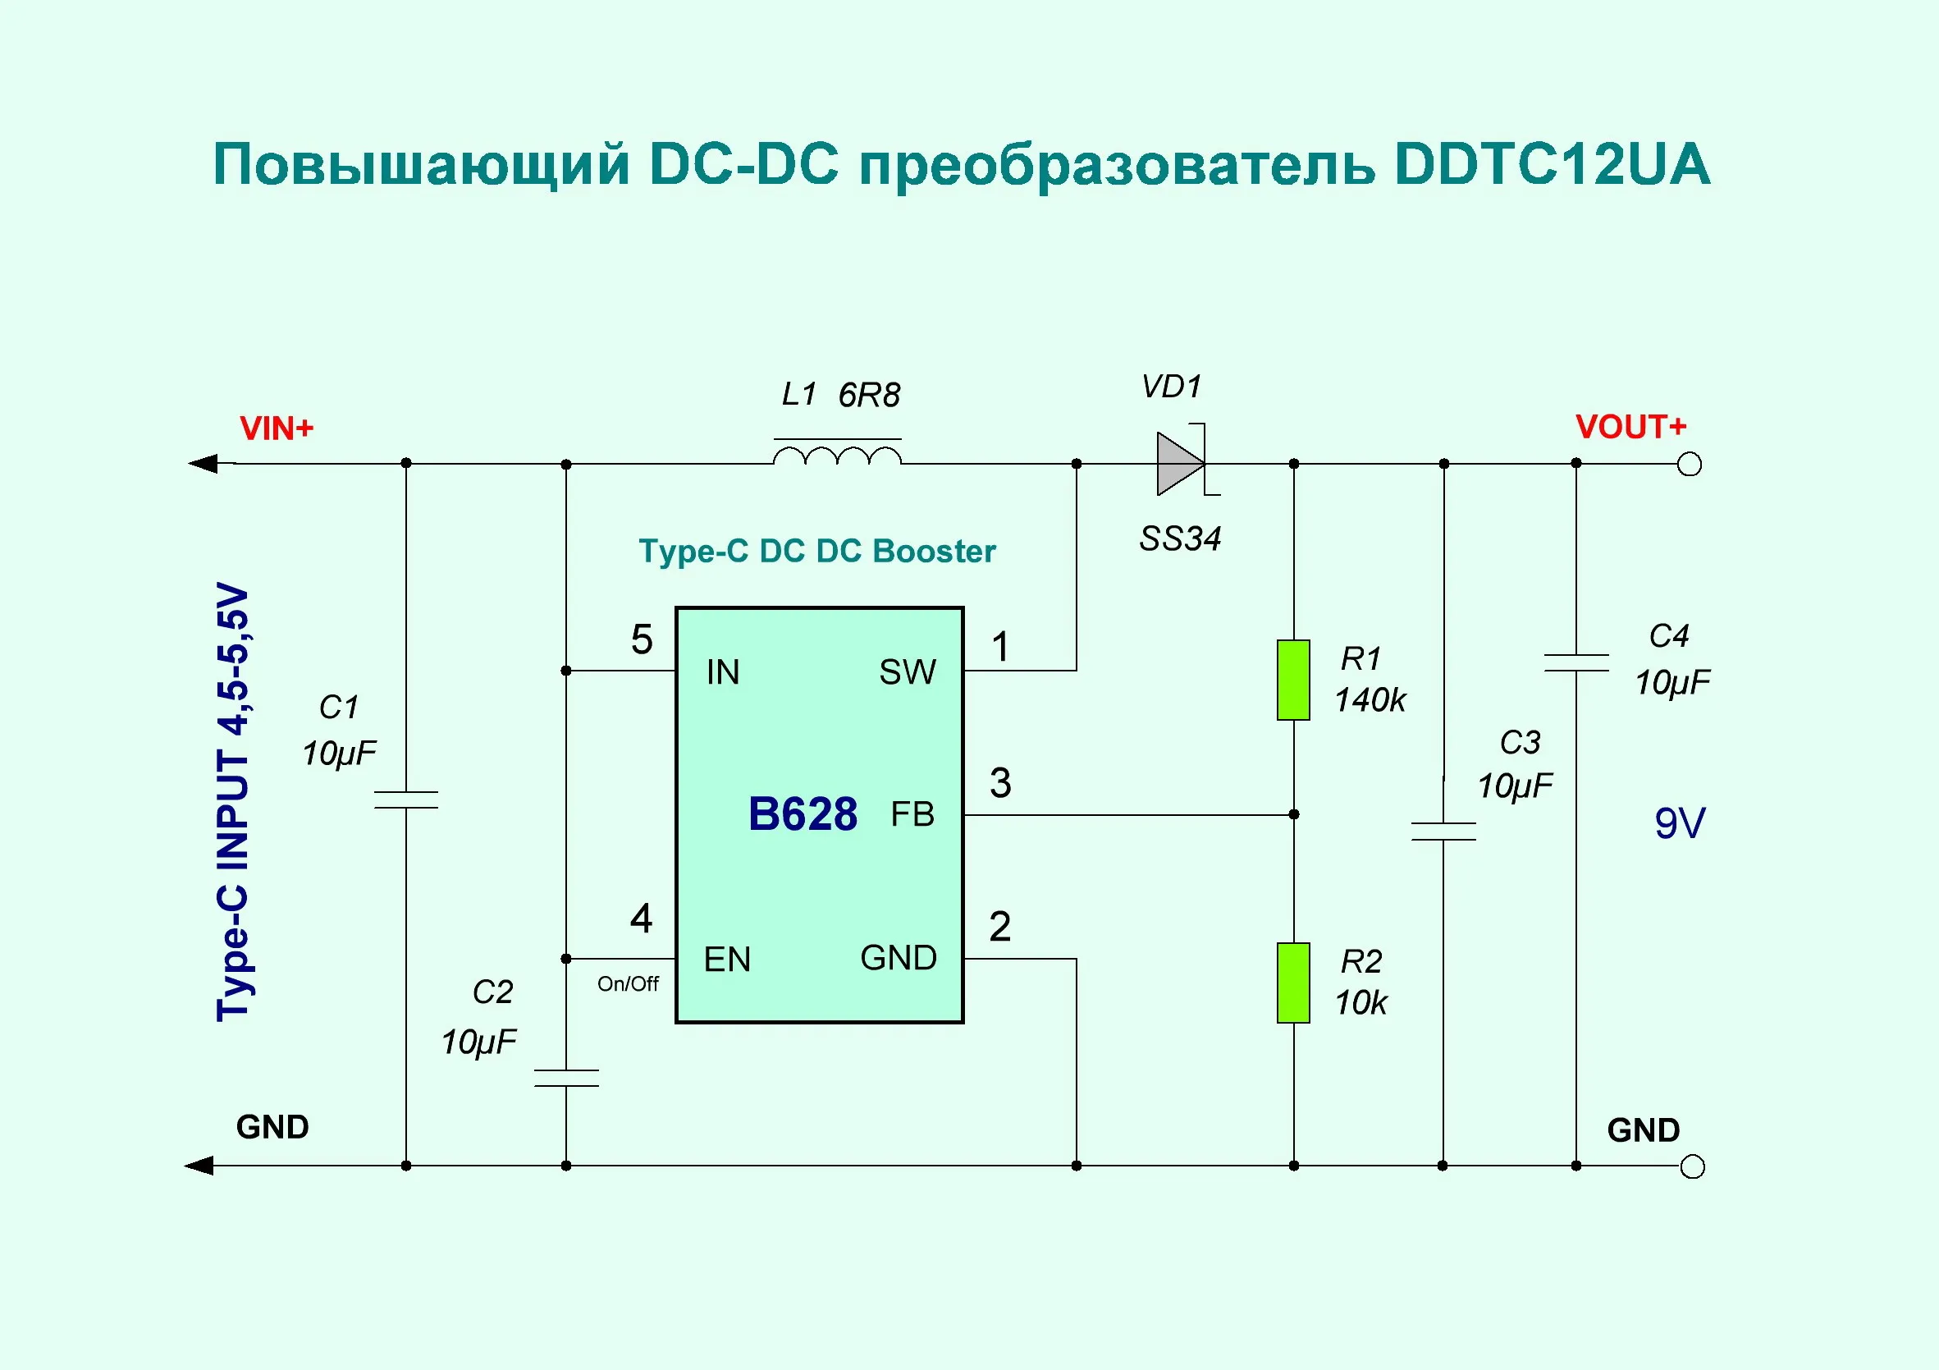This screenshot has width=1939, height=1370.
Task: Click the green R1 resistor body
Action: click(1293, 680)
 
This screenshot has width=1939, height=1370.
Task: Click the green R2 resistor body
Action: click(1293, 983)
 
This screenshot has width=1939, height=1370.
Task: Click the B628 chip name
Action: click(803, 814)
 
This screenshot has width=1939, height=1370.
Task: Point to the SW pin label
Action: click(908, 672)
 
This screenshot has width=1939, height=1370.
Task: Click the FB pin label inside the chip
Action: click(913, 814)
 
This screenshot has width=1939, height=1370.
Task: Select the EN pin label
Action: click(727, 960)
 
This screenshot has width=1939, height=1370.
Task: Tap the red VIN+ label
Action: click(277, 429)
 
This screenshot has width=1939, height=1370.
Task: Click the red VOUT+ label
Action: click(1630, 428)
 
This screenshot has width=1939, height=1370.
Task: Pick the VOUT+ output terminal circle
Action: click(1689, 465)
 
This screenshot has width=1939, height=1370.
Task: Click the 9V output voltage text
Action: click(1680, 823)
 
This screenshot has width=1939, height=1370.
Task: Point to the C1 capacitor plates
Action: click(406, 800)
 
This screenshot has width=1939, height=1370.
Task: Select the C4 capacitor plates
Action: click(1575, 663)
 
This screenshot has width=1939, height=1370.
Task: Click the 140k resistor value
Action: click(1370, 700)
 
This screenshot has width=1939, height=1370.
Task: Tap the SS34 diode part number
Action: click(1180, 538)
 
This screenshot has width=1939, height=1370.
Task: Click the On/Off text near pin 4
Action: click(628, 984)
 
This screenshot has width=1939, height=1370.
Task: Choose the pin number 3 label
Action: click(1001, 783)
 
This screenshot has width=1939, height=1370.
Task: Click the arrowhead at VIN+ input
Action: click(204, 464)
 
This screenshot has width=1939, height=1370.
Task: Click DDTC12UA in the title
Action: click(1553, 164)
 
